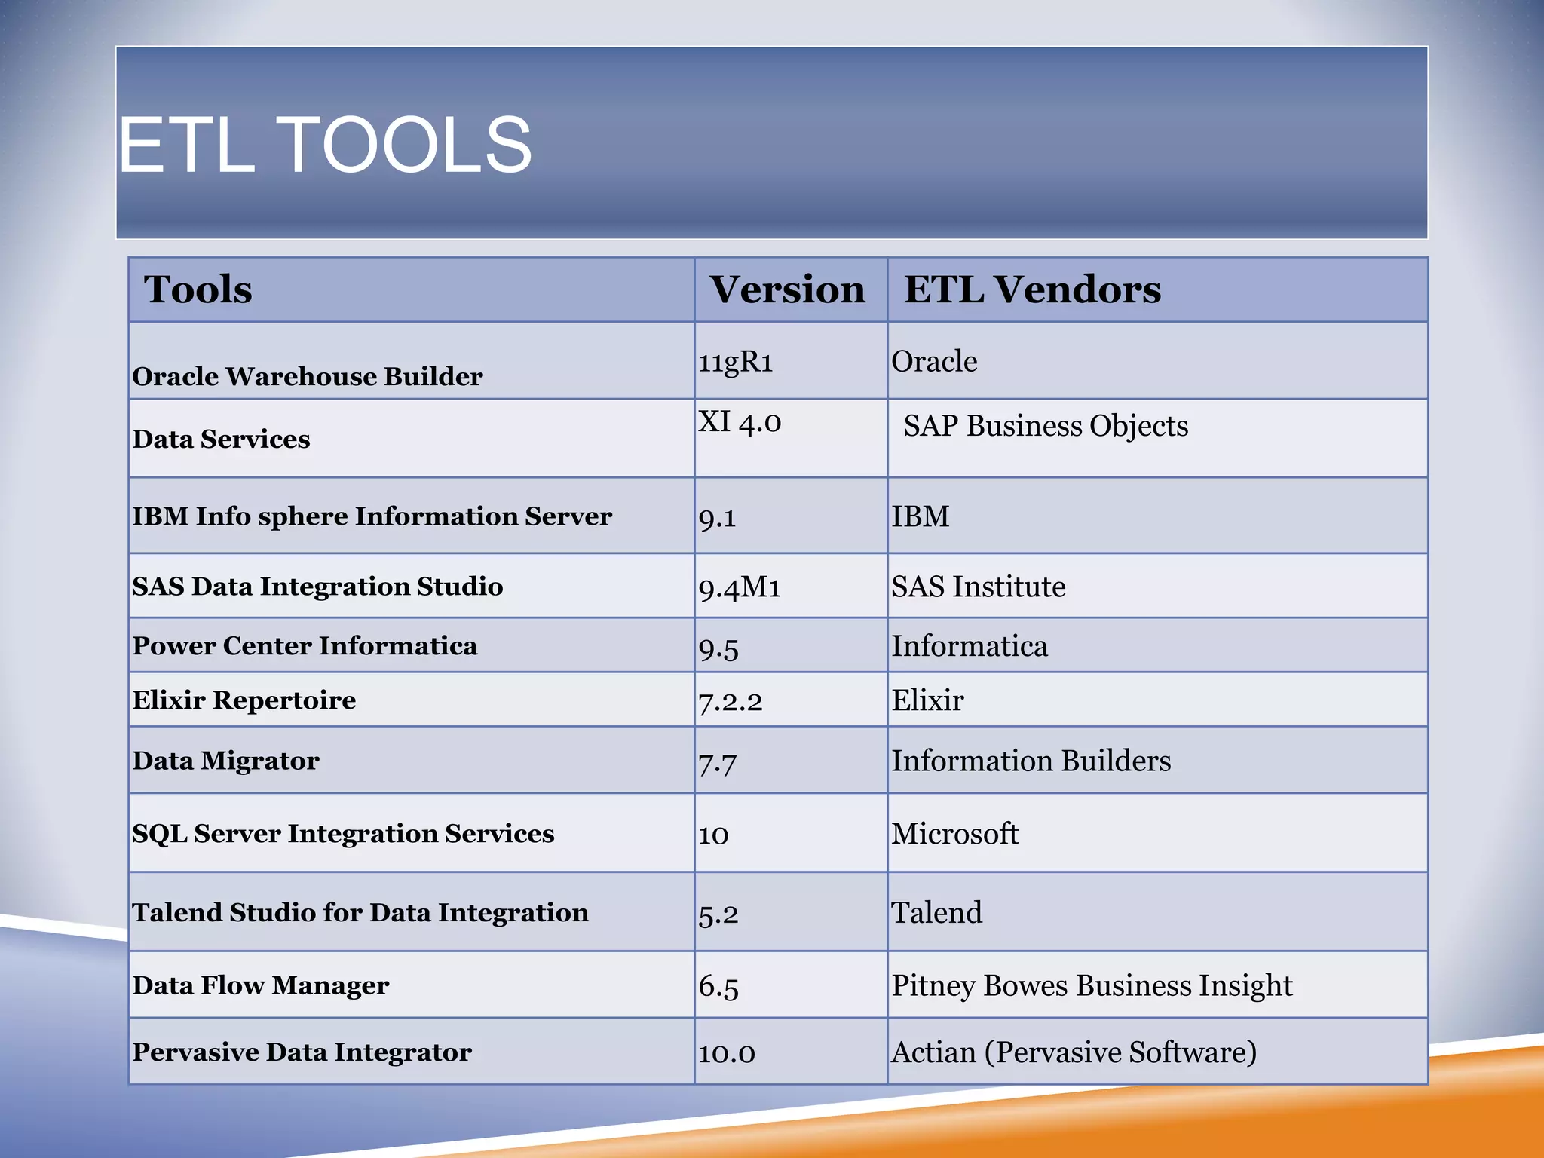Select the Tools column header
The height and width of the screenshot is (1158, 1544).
(198, 289)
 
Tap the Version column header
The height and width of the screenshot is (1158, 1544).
(787, 289)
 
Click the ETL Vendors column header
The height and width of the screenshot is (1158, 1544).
(1032, 289)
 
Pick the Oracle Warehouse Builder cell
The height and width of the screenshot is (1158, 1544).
(308, 376)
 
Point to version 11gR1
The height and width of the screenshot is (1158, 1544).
(736, 362)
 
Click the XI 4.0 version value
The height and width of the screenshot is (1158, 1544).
(740, 422)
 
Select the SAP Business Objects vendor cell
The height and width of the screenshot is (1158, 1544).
(1046, 426)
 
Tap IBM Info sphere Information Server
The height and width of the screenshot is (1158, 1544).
(372, 516)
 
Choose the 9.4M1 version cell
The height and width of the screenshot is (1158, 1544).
(740, 587)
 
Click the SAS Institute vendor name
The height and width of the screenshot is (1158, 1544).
(979, 587)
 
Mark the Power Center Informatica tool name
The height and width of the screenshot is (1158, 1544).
(305, 646)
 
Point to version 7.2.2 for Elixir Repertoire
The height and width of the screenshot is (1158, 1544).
(730, 702)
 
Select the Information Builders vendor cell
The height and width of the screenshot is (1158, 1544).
(1031, 761)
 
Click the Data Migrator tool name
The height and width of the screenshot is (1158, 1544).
(225, 761)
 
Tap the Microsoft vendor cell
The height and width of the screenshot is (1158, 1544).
(954, 834)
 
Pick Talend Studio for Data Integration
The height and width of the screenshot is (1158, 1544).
(360, 912)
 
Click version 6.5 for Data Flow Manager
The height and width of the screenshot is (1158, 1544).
(718, 986)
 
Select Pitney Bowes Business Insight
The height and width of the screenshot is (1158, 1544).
(1092, 985)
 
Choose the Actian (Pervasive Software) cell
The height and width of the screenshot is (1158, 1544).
(1074, 1052)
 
